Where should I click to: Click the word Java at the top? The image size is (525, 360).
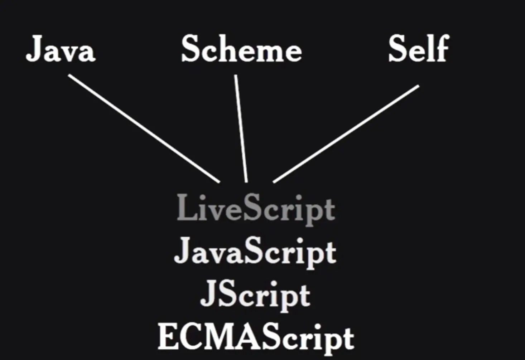coord(61,49)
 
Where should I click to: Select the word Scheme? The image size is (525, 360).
coord(241,49)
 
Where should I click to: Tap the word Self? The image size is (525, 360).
coord(418,49)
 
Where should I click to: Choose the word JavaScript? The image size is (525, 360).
coord(255,251)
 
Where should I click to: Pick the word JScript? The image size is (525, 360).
coord(255,295)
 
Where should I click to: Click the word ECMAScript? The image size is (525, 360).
coord(256,337)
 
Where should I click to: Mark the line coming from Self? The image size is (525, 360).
coord(346,134)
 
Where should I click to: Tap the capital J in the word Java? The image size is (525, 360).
coord(34,49)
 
